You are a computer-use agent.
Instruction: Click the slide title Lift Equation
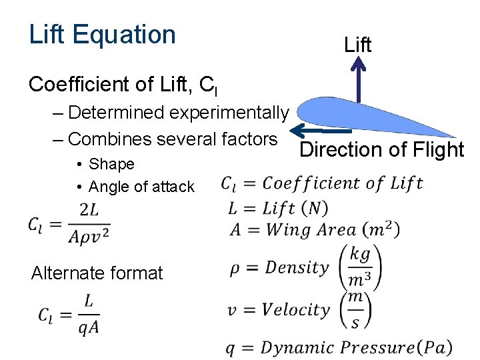click(102, 35)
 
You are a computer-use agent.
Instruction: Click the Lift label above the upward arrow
click(358, 45)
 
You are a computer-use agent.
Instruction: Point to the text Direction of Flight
click(381, 150)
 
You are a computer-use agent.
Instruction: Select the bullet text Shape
click(111, 164)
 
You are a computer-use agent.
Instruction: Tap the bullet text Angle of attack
click(141, 187)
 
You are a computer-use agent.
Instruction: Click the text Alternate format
click(97, 273)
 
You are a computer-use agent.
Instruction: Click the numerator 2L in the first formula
click(89, 211)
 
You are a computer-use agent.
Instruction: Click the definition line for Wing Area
click(313, 230)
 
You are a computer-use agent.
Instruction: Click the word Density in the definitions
click(297, 268)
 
